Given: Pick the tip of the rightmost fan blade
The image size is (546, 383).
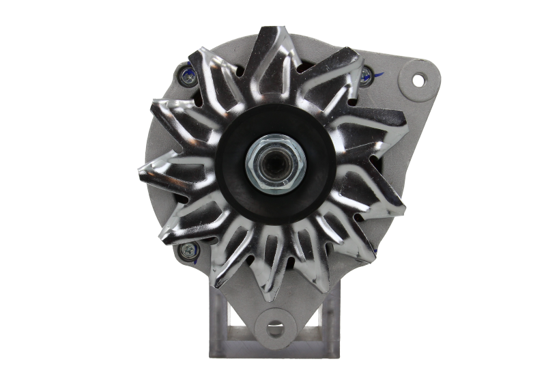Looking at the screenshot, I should [x=404, y=205].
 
